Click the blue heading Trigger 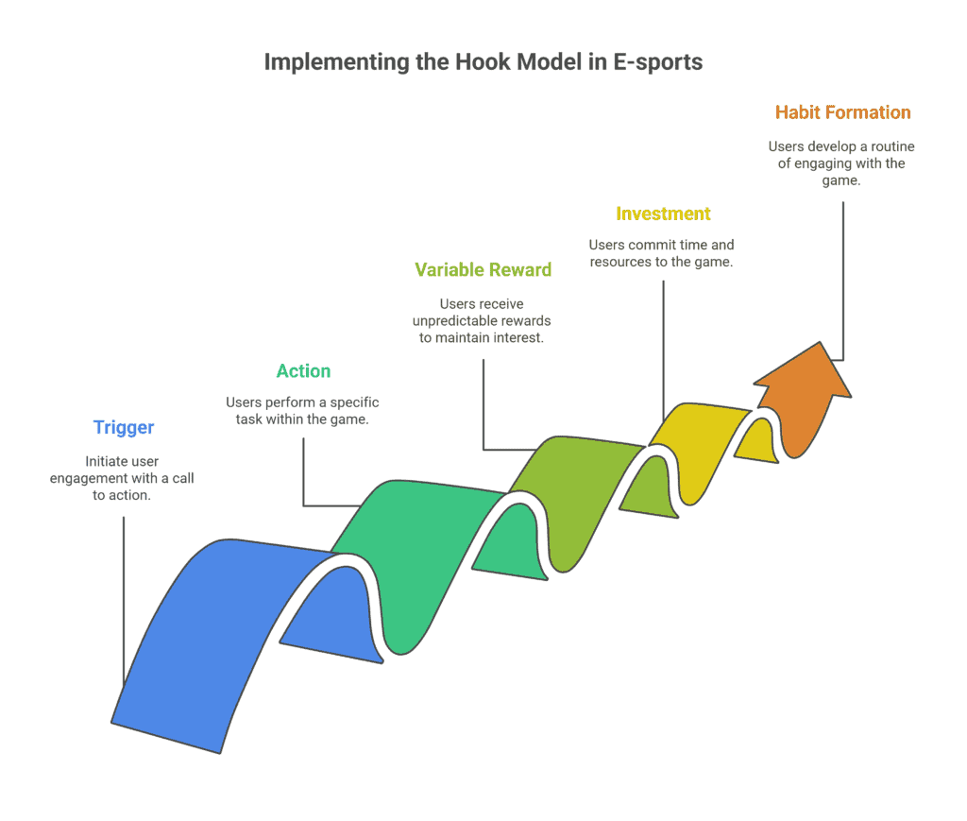pos(124,427)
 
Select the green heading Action pos(303,370)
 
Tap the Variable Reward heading pos(483,269)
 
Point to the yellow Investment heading pos(663,214)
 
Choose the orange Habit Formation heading pos(843,112)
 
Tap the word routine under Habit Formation pos(892,146)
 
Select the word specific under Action pos(355,402)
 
